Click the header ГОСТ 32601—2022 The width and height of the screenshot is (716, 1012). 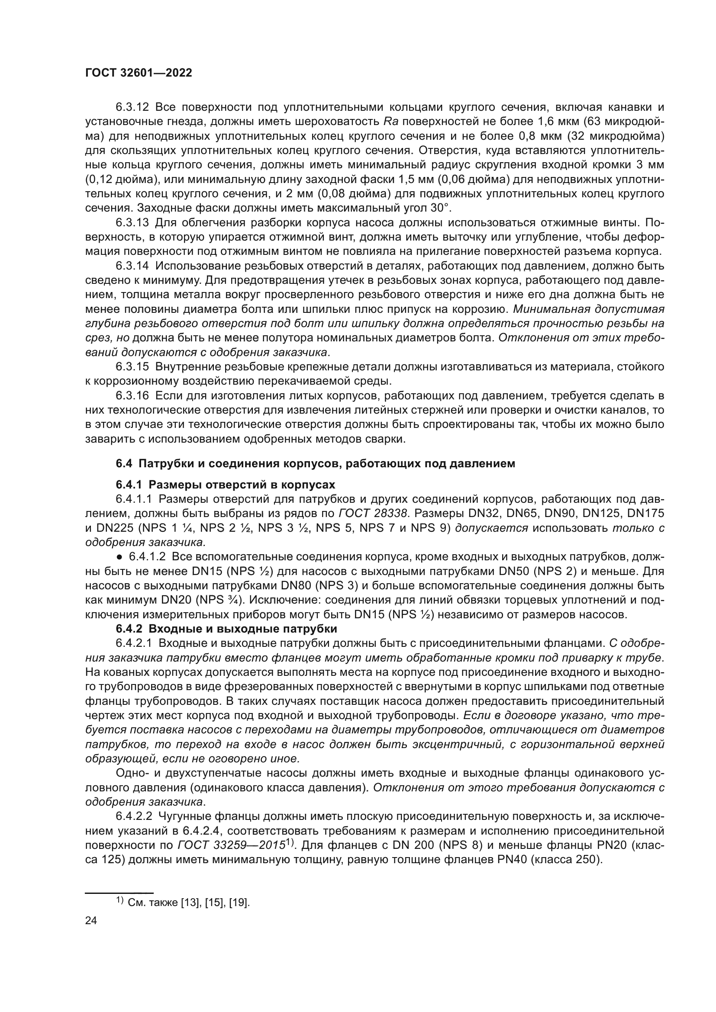(x=139, y=73)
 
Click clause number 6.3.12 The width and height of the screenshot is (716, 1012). (x=133, y=107)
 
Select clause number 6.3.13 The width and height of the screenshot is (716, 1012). (x=133, y=222)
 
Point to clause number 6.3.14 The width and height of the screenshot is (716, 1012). (x=133, y=266)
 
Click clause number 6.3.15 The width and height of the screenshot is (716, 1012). (x=133, y=367)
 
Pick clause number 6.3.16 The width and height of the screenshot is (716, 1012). (x=133, y=395)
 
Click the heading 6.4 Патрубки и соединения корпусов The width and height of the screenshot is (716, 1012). (x=315, y=464)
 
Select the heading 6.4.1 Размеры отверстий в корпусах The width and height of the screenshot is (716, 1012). (x=225, y=485)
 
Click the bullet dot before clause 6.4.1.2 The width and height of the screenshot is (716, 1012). (x=119, y=557)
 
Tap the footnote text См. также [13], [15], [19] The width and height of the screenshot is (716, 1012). (x=188, y=903)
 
